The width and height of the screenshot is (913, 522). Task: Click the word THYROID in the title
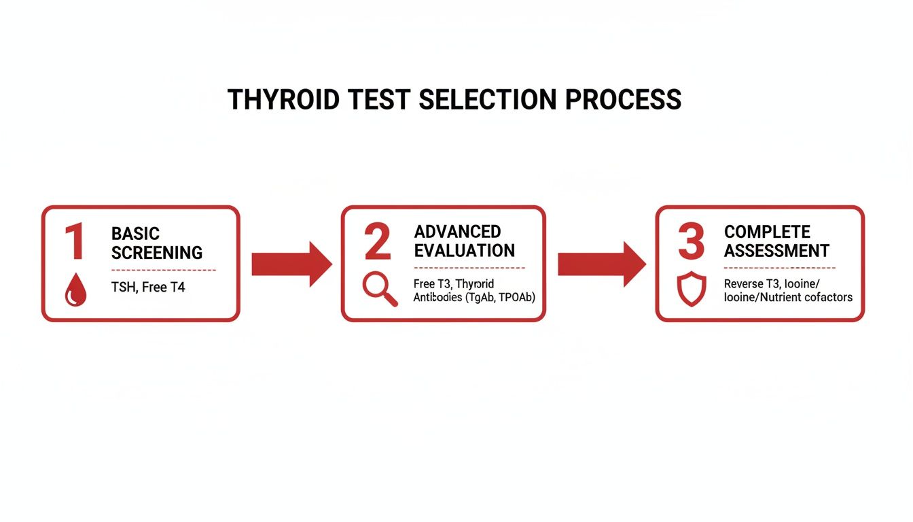pos(283,100)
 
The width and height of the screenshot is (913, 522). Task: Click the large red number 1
pos(74,243)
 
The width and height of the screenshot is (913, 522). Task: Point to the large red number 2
pos(377,242)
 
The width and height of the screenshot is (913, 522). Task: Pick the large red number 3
pos(691,242)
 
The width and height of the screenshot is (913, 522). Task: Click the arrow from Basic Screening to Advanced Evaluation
pos(291,264)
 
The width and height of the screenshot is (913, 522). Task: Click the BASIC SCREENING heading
pos(156,243)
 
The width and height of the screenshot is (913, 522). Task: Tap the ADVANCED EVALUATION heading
pos(465,241)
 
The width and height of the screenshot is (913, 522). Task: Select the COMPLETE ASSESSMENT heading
pos(776,241)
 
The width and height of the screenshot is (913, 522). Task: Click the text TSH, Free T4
pos(147,288)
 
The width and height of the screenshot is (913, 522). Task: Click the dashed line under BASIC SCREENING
pos(163,270)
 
